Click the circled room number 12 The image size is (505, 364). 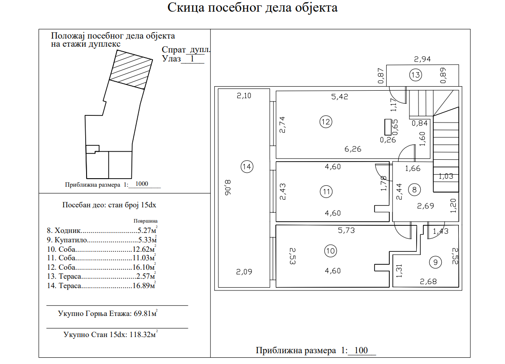tap(326, 122)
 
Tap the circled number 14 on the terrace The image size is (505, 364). tap(247, 167)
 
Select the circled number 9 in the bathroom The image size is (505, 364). tap(435, 262)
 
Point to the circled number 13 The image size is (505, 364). tap(415, 75)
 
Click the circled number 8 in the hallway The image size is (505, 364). tap(414, 189)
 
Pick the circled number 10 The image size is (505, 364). tap(331, 251)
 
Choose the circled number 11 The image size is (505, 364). tap(326, 192)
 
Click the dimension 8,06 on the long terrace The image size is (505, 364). tap(228, 188)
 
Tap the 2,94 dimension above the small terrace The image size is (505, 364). tap(422, 59)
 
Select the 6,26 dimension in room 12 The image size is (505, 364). tap(353, 149)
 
